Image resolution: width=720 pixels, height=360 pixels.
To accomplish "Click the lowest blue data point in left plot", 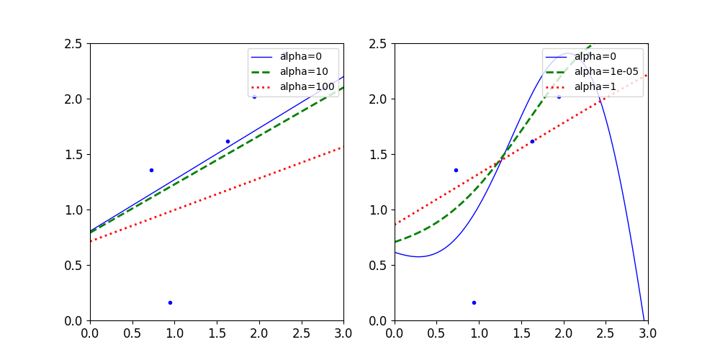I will click(170, 302).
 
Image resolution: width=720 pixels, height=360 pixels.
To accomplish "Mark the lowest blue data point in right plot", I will click(474, 302).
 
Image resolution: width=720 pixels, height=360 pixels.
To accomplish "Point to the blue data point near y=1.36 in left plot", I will click(151, 170).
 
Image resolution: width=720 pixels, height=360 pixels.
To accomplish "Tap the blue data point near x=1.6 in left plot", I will click(228, 141).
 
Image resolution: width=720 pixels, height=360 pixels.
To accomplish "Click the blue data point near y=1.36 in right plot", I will click(456, 170).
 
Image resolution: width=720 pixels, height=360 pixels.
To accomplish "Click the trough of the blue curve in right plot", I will click(418, 256).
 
